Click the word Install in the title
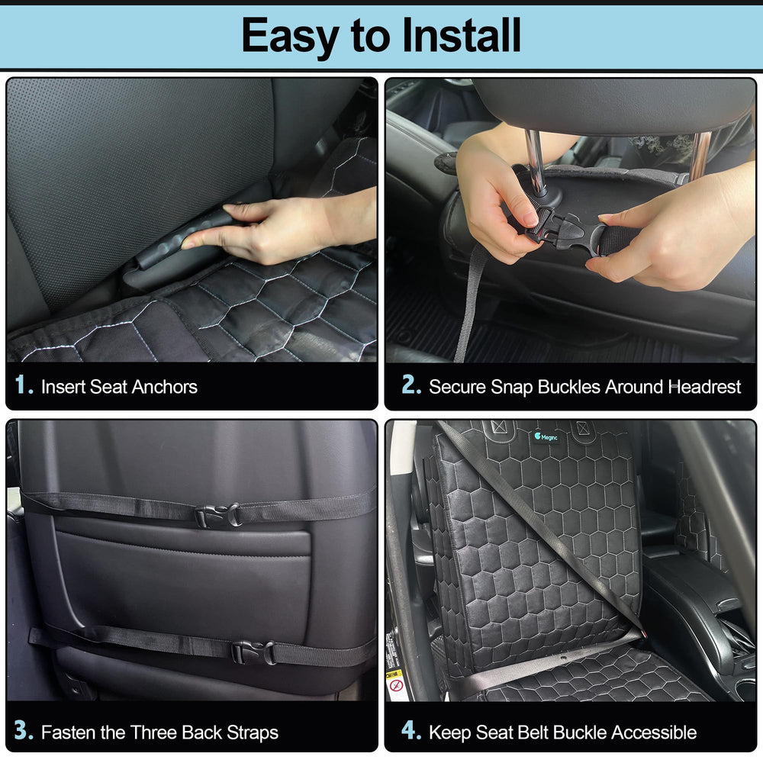point(462,35)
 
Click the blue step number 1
point(24,385)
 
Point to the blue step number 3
point(24,730)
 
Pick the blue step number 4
point(411,730)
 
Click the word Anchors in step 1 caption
point(165,387)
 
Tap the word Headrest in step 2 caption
point(705,387)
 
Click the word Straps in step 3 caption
point(253,732)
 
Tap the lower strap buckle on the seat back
point(253,652)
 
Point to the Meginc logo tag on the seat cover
point(546,436)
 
